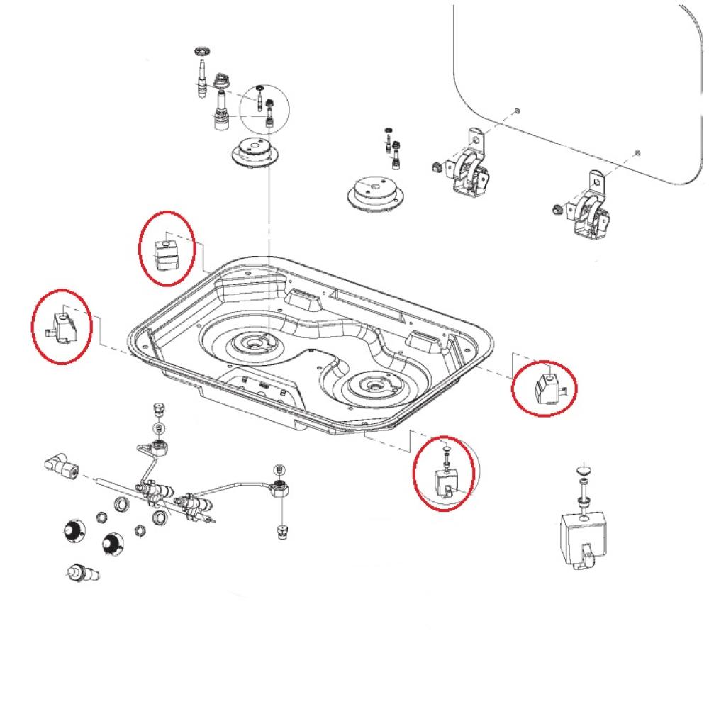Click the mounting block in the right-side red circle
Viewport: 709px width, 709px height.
coord(547,386)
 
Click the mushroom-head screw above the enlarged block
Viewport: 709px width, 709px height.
coord(583,471)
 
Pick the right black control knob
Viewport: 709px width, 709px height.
coord(111,544)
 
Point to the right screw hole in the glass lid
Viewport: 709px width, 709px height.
coord(638,152)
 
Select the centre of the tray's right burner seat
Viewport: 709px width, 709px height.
coord(372,386)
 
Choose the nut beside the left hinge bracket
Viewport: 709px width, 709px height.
coord(437,167)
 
